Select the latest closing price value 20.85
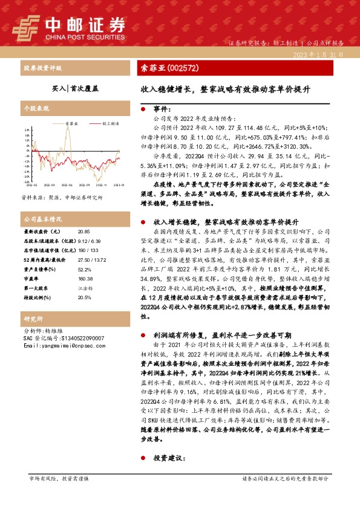click(x=85, y=232)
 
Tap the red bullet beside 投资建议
click(x=142, y=459)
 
